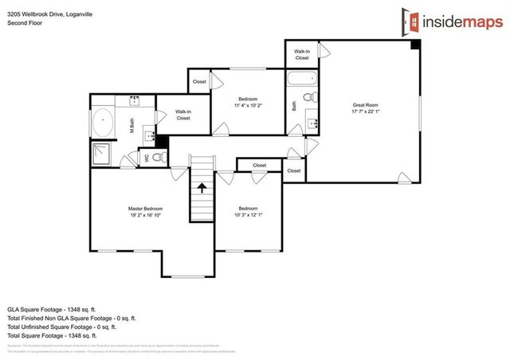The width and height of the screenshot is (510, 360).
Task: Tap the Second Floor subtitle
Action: tap(24, 23)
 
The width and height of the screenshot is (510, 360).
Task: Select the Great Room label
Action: tap(366, 104)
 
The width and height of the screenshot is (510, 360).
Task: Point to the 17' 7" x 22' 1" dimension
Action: tap(366, 112)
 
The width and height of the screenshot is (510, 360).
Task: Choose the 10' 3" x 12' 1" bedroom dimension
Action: tap(248, 215)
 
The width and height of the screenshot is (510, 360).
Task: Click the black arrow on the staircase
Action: tap(202, 189)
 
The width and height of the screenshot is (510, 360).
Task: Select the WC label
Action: tap(146, 158)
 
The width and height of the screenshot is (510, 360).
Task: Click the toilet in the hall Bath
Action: tap(314, 98)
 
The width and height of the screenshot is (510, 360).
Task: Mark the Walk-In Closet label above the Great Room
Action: tap(302, 54)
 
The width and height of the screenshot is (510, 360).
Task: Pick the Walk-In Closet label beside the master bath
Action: tap(183, 115)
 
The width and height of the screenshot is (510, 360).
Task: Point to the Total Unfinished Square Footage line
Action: tap(62, 327)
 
